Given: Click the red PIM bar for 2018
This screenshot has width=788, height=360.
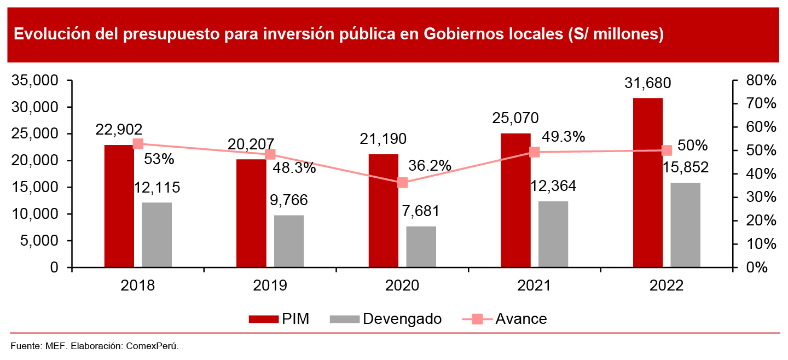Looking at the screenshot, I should tap(119, 206).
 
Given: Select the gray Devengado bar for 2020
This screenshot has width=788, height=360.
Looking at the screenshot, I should tap(421, 247).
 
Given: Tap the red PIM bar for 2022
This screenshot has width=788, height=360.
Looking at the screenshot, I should tap(648, 183).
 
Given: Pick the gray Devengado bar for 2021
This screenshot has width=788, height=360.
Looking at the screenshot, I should tap(553, 234).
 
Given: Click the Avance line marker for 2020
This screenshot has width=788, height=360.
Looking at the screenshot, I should tap(403, 183).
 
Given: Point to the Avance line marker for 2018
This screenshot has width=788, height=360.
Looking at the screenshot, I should tap(138, 144).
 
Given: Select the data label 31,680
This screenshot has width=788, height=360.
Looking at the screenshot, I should tap(648, 84).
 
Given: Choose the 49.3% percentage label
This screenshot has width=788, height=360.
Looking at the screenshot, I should tap(563, 137).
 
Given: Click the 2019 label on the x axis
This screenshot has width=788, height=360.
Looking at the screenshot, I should tap(270, 286).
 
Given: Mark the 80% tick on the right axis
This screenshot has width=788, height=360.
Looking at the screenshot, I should tap(761, 81).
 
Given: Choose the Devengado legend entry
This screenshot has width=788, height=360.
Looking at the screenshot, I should tap(386, 319).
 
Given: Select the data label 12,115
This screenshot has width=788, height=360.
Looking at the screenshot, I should tap(157, 188).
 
